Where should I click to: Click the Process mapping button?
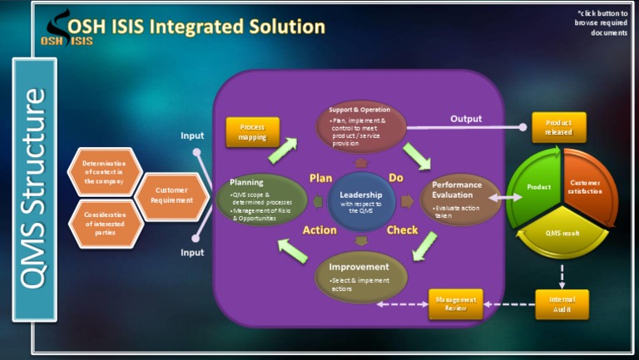click(x=253, y=132)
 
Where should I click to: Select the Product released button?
click(x=558, y=127)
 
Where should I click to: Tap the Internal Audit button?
click(x=562, y=304)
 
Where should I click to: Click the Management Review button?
click(x=455, y=304)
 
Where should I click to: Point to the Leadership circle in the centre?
click(x=361, y=200)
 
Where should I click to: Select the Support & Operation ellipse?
click(x=361, y=127)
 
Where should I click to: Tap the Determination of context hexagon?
click(x=103, y=170)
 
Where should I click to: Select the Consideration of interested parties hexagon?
click(x=103, y=222)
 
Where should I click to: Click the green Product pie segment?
click(x=534, y=190)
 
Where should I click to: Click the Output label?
click(x=466, y=119)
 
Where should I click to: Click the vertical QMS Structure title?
click(x=34, y=189)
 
